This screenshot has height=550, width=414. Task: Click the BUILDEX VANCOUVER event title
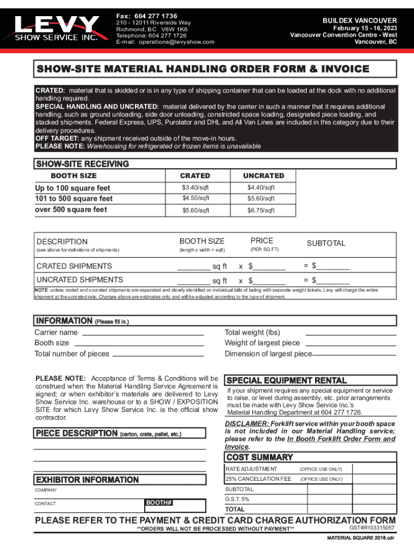(360, 20)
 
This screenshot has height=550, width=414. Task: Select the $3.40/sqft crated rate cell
(195, 187)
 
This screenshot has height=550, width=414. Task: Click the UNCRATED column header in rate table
(263, 176)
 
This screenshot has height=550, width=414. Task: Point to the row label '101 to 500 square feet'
(74, 199)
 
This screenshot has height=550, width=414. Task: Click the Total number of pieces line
(158, 355)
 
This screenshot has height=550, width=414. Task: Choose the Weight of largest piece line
(351, 344)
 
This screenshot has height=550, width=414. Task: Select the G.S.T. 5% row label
(237, 499)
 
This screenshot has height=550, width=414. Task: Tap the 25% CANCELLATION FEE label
(258, 479)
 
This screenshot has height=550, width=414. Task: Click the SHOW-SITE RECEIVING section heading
(82, 164)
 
